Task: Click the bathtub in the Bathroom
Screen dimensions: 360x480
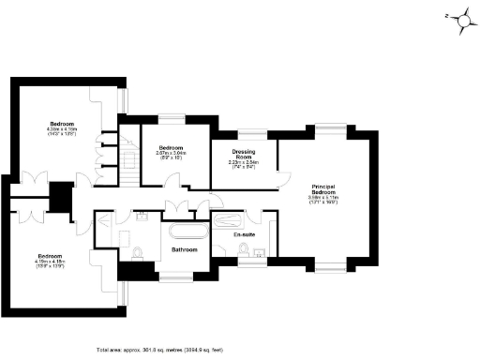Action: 187,231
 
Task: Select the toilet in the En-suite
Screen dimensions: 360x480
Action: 244,248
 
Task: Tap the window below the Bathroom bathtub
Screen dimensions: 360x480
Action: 175,276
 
